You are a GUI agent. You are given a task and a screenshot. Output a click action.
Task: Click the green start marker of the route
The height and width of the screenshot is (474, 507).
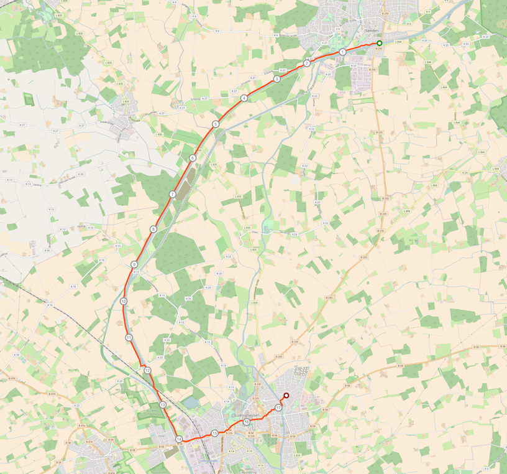coord(379,43)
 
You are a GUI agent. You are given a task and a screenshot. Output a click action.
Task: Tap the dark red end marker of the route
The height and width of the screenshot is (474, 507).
coord(286,396)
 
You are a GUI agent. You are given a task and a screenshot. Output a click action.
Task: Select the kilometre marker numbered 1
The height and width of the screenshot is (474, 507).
coord(342,52)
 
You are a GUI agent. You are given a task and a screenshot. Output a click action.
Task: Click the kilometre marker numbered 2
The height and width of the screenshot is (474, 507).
coord(307,63)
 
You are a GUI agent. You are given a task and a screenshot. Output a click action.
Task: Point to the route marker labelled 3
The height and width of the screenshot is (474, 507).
coord(276,79)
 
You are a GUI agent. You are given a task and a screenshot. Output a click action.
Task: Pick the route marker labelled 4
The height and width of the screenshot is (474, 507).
coord(244,98)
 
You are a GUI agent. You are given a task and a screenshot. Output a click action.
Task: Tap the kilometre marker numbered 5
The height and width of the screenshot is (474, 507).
coord(215,124)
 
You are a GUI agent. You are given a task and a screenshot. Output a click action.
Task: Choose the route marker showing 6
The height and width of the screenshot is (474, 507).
coord(193,158)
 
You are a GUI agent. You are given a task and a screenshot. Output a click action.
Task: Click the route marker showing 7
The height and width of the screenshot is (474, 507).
coord(172,195)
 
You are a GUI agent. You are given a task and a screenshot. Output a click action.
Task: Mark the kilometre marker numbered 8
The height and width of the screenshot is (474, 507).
coord(153,229)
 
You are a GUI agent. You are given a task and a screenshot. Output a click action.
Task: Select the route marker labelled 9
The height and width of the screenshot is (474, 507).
coord(134,265)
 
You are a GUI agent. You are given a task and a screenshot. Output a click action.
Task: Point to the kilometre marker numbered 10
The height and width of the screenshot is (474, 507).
coord(124,301)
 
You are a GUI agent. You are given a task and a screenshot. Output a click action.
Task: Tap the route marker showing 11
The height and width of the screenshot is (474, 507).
coord(129,337)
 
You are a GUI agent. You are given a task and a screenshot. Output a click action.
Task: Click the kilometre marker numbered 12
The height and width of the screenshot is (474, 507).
coord(147,371)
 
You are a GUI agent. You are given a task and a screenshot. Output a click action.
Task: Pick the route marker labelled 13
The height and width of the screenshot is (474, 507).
coord(162,405)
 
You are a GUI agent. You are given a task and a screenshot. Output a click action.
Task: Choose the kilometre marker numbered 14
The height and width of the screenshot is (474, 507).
coord(179,439)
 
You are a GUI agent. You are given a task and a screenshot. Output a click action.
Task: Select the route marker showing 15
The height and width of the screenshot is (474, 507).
coord(214,433)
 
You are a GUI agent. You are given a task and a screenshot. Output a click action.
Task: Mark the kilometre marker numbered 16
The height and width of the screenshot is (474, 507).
coord(247,422)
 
